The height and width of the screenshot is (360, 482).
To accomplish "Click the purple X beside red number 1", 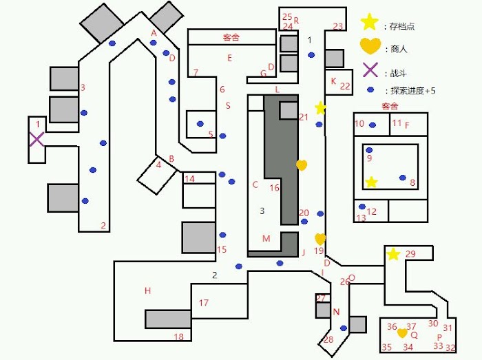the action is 36,139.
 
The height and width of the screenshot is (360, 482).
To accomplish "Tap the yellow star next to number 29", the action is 393,254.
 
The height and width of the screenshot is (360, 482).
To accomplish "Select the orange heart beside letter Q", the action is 402,333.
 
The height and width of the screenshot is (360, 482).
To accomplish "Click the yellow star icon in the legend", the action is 369,22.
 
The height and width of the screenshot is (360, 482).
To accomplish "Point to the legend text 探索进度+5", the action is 413,91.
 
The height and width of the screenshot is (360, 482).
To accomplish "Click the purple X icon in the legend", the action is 370,70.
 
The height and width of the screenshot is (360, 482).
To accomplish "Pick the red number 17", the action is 204,303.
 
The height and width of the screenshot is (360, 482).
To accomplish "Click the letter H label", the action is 147,290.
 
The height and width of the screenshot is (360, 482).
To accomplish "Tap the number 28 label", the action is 328,339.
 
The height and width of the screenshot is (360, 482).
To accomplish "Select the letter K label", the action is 333,81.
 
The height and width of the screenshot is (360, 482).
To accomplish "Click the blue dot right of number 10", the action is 373,125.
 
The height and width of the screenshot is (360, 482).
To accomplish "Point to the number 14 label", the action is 189,178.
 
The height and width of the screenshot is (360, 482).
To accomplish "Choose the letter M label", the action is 266,238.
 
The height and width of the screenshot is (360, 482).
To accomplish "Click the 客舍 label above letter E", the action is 231,37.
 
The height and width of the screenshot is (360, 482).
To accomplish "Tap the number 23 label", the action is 338,26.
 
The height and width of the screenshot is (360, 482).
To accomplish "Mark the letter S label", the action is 228,106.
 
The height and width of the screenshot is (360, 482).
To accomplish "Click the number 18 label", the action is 179,337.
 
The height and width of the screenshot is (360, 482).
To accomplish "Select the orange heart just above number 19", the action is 320,239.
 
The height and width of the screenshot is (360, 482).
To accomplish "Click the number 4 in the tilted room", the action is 158,165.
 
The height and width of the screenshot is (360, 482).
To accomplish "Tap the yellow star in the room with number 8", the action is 371,182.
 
